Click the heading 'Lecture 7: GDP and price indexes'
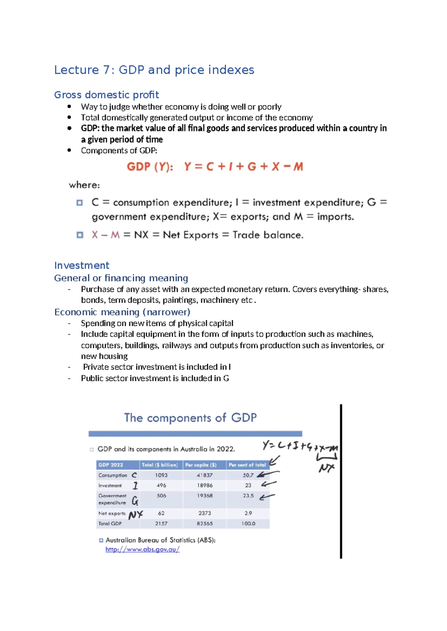click(154, 70)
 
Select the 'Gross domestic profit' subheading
click(107, 95)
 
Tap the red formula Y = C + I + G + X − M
click(243, 166)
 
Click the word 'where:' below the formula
click(84, 185)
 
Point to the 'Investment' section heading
click(82, 265)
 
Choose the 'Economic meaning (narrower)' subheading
click(122, 312)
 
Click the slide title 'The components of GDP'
click(190, 418)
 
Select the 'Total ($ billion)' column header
click(160, 465)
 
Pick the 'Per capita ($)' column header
click(201, 465)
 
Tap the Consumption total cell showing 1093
click(161, 475)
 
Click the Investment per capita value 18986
click(205, 486)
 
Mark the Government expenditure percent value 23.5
click(248, 496)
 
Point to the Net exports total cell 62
click(161, 513)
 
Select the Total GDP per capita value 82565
click(205, 523)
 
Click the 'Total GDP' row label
click(110, 523)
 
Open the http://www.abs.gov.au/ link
click(142, 550)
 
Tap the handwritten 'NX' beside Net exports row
click(136, 515)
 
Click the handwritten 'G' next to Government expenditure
click(135, 501)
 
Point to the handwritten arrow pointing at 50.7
click(267, 474)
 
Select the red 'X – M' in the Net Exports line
click(106, 235)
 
